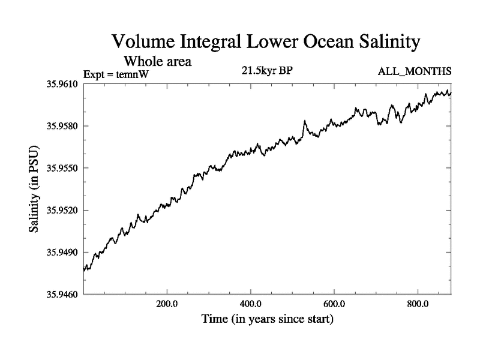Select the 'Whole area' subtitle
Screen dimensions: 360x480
click(157, 61)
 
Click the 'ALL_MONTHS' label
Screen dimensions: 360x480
click(414, 72)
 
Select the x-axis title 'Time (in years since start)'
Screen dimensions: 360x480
click(267, 319)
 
